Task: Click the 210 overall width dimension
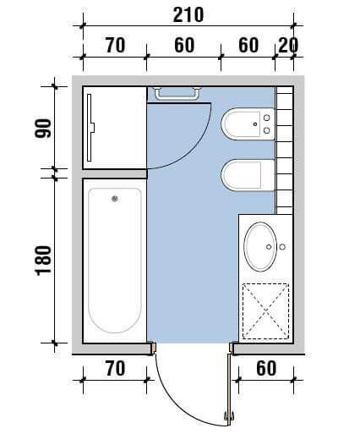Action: tap(188, 15)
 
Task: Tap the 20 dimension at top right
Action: tap(288, 45)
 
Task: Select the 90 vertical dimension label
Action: tap(43, 129)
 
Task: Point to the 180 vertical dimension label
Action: tap(43, 261)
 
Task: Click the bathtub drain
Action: tap(115, 199)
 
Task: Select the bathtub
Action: tap(115, 261)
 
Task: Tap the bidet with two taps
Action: tap(248, 124)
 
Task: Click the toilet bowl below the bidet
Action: tap(248, 175)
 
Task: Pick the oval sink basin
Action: tap(260, 247)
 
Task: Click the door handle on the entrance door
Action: tap(229, 416)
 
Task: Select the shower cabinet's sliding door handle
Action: tap(93, 128)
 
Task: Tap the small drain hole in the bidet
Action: tap(255, 124)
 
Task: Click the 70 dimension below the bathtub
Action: tap(115, 368)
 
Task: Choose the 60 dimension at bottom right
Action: tap(266, 368)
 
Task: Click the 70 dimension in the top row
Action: tap(115, 45)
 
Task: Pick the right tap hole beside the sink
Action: tap(282, 247)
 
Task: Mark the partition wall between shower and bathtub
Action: tap(115, 173)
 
